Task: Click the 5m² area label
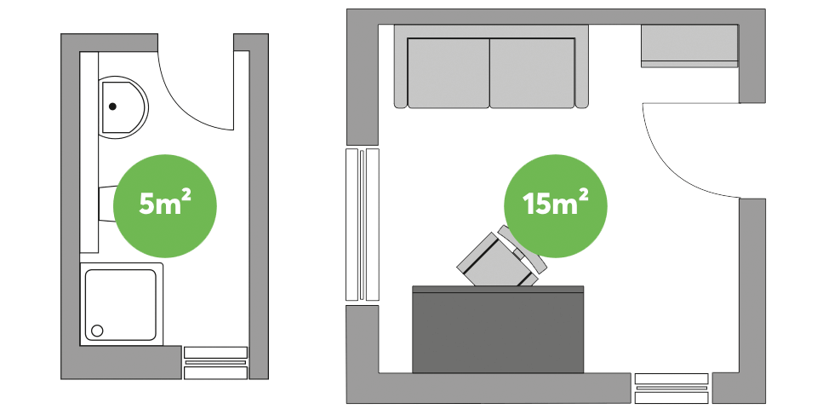point(165,205)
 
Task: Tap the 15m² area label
point(557,205)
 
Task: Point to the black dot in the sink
point(112,107)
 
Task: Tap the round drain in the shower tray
point(97,330)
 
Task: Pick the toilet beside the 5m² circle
point(106,204)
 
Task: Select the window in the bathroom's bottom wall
point(216,362)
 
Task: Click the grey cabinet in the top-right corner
point(688,45)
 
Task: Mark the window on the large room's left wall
point(363,225)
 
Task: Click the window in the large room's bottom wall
point(671,388)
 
